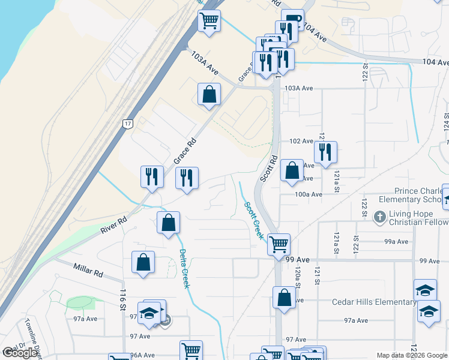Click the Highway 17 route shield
[127, 124]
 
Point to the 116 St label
[123, 298]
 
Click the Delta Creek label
[184, 268]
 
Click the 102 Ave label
[301, 142]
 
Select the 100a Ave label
[309, 194]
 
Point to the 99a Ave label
[396, 242]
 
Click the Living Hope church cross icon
[379, 216]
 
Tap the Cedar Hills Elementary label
[373, 302]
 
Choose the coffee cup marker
[292, 20]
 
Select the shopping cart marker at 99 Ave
[279, 245]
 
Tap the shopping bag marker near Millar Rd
[143, 262]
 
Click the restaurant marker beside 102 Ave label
[325, 152]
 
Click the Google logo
[20, 353]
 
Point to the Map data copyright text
[412, 355]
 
